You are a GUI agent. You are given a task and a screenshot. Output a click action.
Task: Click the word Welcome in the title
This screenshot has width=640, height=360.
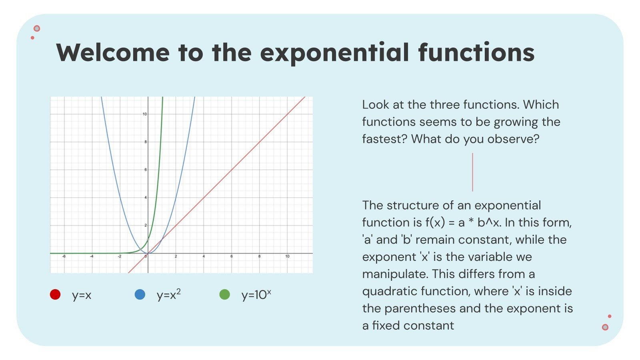(113, 53)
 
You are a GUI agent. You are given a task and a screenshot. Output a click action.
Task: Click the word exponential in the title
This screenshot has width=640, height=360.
(335, 53)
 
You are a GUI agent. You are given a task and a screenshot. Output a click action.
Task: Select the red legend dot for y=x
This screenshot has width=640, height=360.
(55, 295)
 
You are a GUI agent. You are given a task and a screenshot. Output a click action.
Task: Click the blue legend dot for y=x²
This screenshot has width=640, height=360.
(140, 295)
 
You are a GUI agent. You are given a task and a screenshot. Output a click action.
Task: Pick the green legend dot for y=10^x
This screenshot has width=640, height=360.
(225, 295)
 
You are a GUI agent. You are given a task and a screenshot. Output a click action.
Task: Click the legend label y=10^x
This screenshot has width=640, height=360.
(256, 295)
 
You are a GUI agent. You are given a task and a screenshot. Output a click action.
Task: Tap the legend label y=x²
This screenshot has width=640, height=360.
(168, 295)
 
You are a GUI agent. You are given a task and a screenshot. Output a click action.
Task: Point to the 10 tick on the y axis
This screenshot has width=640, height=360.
(144, 114)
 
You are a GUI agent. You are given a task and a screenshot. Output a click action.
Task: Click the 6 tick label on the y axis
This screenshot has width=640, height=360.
(145, 170)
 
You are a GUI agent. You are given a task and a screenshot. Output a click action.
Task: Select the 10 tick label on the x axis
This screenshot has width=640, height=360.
(287, 256)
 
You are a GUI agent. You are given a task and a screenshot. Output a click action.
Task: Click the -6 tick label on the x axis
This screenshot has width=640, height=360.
(64, 256)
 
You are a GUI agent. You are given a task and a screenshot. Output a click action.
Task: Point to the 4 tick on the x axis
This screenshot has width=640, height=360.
(204, 256)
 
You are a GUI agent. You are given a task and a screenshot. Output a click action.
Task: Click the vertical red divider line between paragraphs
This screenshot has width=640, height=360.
(472, 172)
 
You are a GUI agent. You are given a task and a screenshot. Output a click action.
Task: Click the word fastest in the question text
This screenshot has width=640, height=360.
(384, 139)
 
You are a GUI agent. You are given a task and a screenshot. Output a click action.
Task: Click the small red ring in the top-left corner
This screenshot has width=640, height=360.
(37, 28)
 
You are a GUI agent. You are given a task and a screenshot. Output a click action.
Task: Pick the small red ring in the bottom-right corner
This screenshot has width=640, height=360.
(605, 327)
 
